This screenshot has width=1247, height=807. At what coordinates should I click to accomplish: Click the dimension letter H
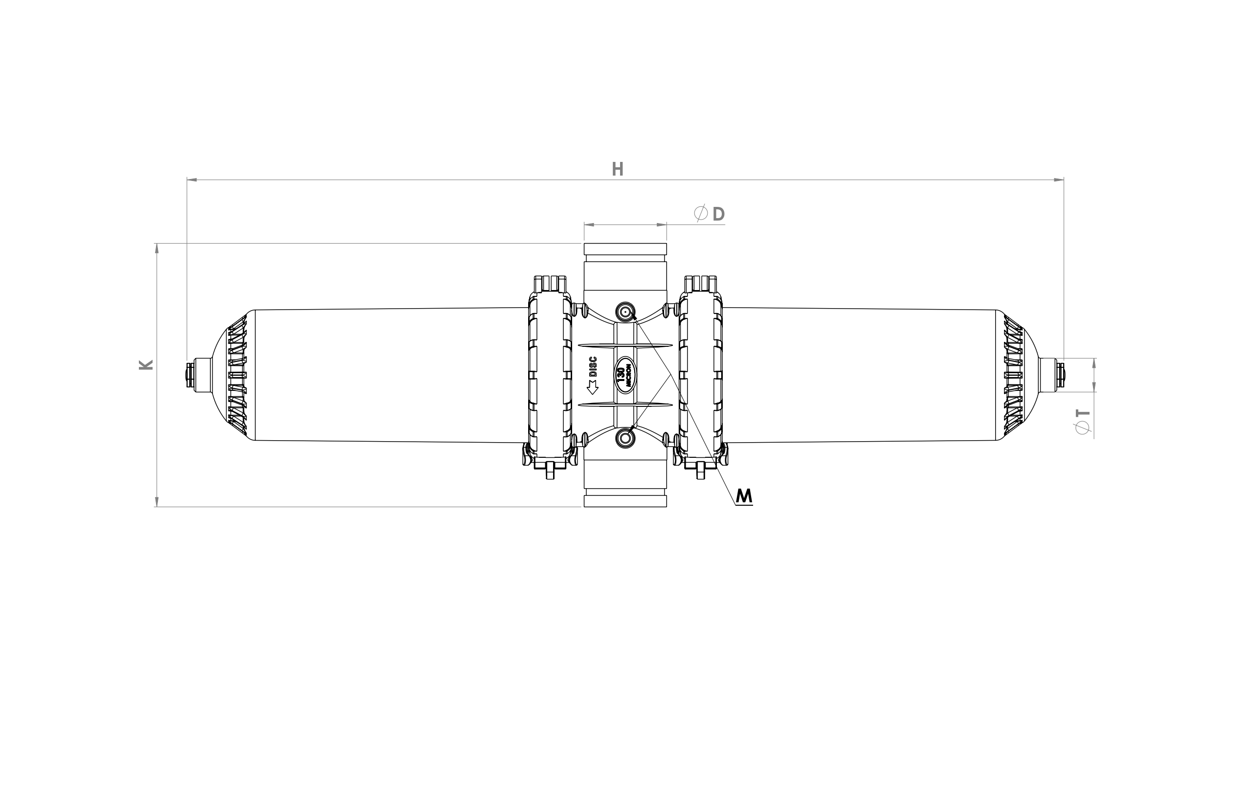pyautogui.click(x=618, y=169)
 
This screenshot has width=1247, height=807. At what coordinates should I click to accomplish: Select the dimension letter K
pyautogui.click(x=146, y=365)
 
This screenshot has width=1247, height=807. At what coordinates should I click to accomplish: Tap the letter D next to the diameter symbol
pyautogui.click(x=719, y=214)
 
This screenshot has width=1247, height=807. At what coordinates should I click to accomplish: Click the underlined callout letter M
pyautogui.click(x=744, y=496)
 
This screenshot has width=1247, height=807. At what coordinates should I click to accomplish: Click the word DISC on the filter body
pyautogui.click(x=593, y=367)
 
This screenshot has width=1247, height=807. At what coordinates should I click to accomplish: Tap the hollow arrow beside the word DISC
pyautogui.click(x=593, y=387)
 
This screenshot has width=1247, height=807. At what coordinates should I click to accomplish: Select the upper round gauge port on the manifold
pyautogui.click(x=625, y=312)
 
